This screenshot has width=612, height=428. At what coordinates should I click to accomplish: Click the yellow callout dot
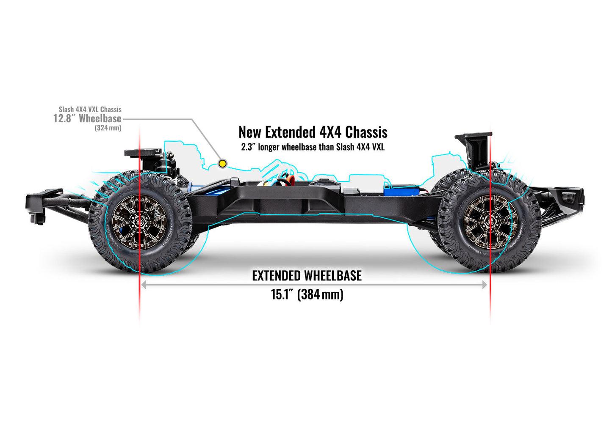tap(222, 164)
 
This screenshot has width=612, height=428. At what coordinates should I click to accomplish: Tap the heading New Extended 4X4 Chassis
tap(313, 132)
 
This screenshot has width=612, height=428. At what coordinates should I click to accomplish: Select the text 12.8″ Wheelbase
tap(87, 118)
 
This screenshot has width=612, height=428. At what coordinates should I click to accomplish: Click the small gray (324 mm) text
tap(108, 128)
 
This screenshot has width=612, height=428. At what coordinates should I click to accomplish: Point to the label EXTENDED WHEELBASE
tap(307, 276)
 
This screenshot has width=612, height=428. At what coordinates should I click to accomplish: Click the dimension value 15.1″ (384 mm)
tap(307, 294)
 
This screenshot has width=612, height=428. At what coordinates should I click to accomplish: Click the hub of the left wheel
tap(139, 222)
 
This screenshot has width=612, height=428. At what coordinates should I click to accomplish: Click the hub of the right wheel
tap(490, 222)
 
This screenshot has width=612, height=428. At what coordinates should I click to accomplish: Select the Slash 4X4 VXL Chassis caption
tap(90, 110)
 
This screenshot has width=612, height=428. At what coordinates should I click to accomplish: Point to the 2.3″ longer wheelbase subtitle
tap(313, 147)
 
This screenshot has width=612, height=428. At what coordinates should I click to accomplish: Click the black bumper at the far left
tap(38, 203)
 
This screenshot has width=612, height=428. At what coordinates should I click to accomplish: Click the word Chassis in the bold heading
tap(366, 132)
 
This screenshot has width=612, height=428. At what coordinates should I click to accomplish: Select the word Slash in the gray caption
tap(66, 110)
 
